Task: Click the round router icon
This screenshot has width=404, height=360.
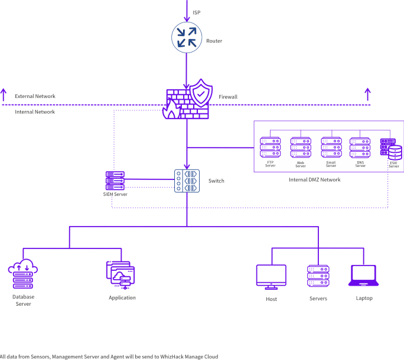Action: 187,37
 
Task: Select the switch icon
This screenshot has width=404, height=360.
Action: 187,181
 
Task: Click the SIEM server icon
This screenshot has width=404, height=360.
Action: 115,180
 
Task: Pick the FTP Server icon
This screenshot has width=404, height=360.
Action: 270,147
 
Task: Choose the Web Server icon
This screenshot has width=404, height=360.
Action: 300,147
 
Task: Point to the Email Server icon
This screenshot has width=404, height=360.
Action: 331,147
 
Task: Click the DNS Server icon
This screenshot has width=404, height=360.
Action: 360,147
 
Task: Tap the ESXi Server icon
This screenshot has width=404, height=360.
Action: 391,149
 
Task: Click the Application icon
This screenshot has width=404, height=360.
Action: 120,275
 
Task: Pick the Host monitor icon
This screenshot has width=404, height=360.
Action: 271,276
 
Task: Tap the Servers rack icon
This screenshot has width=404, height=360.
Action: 318,276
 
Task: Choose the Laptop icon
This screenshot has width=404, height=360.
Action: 363,276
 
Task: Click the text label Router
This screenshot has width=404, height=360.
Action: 214,41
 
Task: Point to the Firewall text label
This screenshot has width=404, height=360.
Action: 228,97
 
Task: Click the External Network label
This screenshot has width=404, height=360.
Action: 35,96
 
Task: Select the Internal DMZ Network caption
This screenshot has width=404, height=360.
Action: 315,179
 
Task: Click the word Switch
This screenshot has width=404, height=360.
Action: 216,181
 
